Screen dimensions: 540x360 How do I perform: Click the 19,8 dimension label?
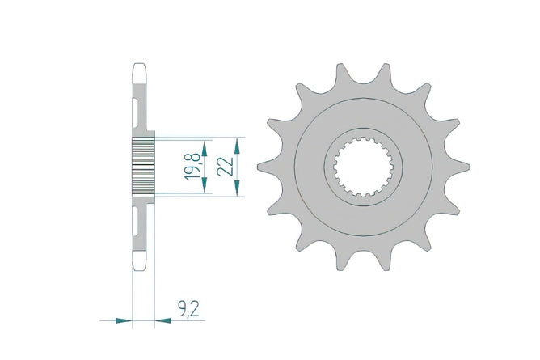pos(192,167)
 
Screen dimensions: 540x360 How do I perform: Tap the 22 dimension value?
pos(226,167)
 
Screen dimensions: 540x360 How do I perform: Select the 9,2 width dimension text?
pos(188,309)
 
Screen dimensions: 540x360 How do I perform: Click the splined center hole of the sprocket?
pos(363,167)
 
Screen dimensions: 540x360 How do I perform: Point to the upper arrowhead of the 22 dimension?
pos(237,146)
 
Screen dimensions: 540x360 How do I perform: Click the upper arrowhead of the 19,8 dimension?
pos(205,149)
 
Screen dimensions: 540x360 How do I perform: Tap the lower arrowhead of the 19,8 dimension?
pos(205,185)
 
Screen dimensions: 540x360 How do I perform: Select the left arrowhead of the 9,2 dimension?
pos(124,320)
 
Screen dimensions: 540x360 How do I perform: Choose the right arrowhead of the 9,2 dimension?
pos(162,320)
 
